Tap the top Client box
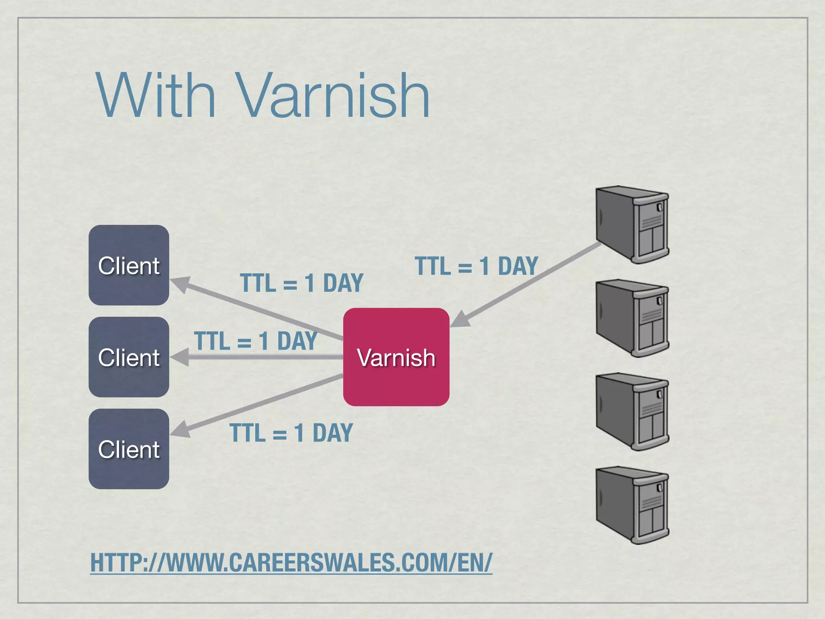129,265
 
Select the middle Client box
129,357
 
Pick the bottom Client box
129,449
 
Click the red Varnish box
396,357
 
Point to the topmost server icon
632,224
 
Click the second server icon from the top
632,318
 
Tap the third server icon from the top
632,411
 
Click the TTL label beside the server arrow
476,266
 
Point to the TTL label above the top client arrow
301,282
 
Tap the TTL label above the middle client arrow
255,341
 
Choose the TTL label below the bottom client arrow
291,433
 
